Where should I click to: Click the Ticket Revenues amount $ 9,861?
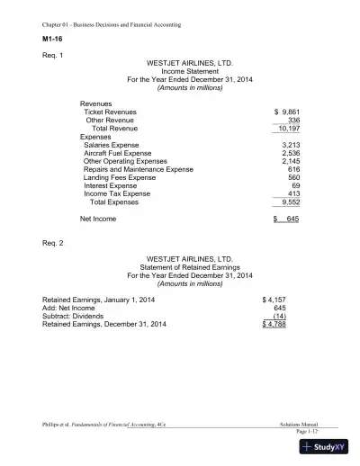286,112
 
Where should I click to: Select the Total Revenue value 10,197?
290,129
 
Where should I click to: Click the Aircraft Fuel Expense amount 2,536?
291,153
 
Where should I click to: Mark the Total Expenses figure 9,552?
291,202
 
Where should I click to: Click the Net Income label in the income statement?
98,218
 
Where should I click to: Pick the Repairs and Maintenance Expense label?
138,169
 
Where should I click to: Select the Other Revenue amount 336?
293,120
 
